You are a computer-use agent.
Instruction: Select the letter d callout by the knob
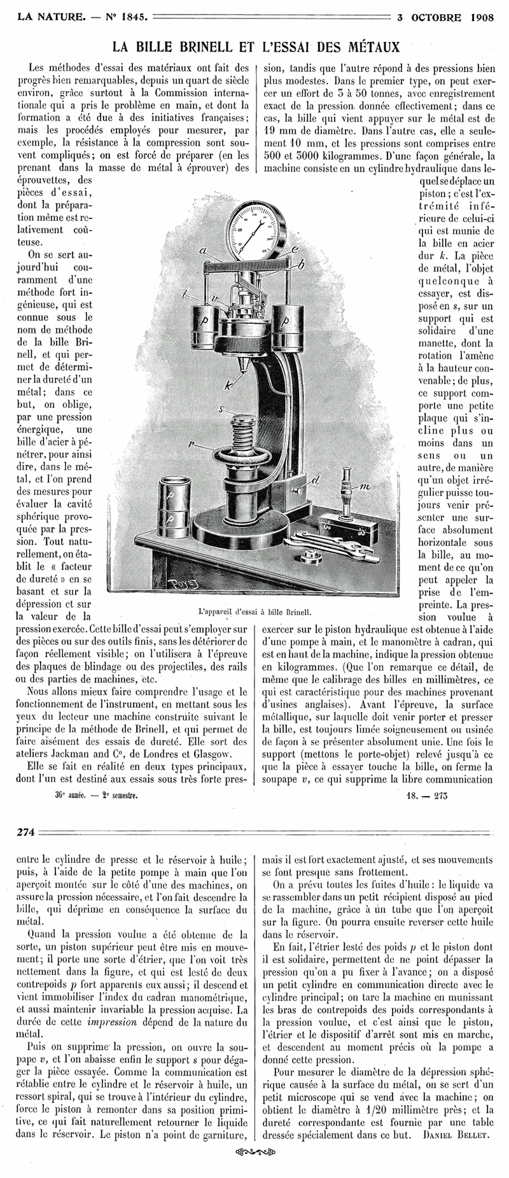[x=316, y=480]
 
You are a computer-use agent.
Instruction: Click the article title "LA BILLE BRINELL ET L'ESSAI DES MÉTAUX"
[x=256, y=47]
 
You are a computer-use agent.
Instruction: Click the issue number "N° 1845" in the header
[x=126, y=17]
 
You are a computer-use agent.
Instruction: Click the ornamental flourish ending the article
[x=254, y=1152]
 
